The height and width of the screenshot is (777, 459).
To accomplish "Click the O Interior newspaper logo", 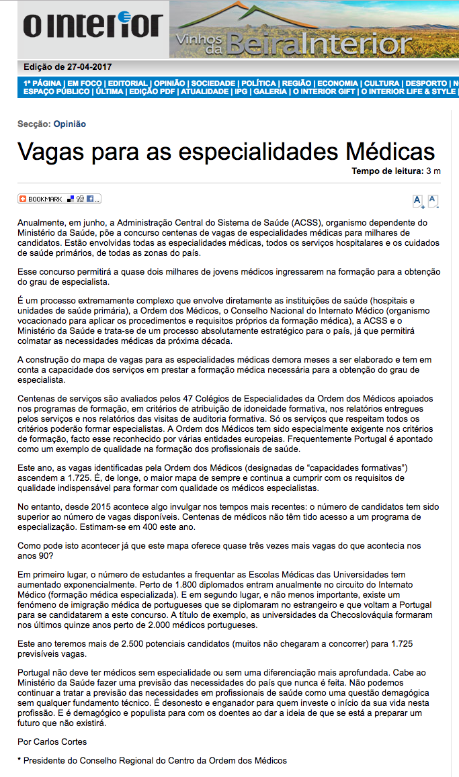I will pyautogui.click(x=93, y=27).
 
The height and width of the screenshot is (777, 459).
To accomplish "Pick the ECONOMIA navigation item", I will pyautogui.click(x=338, y=83).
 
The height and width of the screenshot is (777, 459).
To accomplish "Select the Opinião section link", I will pyautogui.click(x=69, y=124).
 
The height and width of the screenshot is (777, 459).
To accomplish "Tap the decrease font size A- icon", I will pyautogui.click(x=433, y=200).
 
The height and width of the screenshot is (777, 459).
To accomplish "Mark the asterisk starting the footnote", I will pyautogui.click(x=19, y=761).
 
